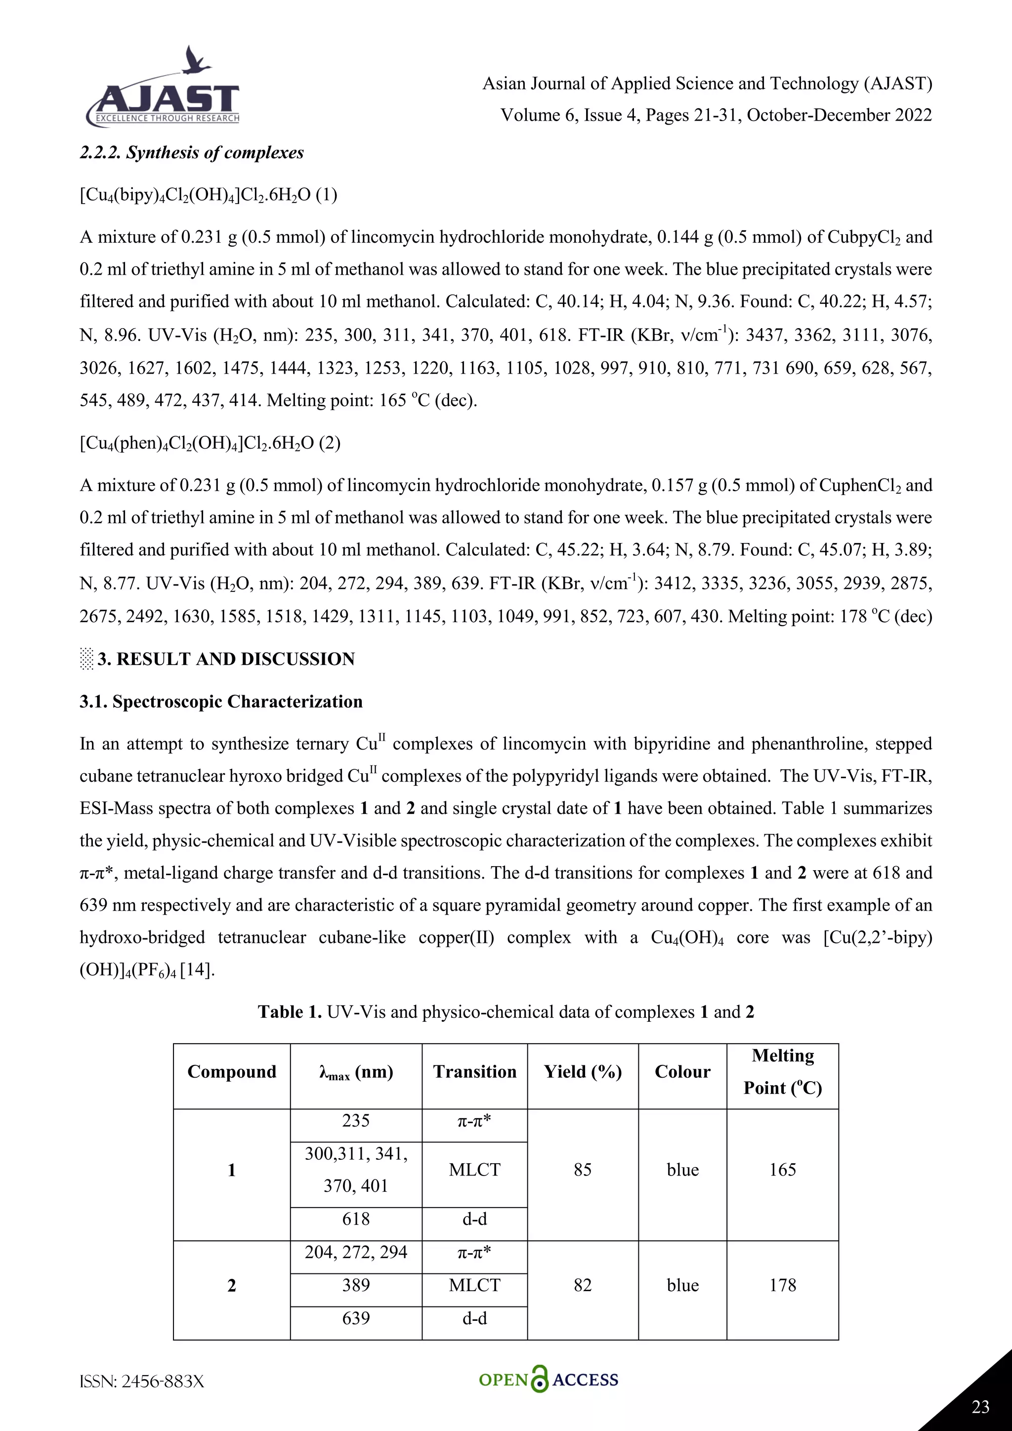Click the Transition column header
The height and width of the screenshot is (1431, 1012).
pyautogui.click(x=475, y=1071)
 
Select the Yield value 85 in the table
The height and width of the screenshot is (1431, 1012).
pyautogui.click(x=582, y=1170)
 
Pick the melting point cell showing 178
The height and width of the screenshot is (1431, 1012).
pyautogui.click(x=782, y=1285)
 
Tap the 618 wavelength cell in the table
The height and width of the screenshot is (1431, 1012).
pyautogui.click(x=356, y=1219)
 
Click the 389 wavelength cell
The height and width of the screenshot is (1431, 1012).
pyautogui.click(x=356, y=1285)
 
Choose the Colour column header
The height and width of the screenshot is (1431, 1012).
pyautogui.click(x=682, y=1071)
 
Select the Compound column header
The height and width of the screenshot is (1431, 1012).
pyautogui.click(x=232, y=1071)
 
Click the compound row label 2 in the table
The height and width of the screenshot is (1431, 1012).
pyautogui.click(x=232, y=1285)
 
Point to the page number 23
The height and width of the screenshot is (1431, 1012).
pyautogui.click(x=980, y=1407)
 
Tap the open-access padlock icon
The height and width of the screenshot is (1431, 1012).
pyautogui.click(x=540, y=1379)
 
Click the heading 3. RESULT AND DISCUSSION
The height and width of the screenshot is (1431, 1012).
pyautogui.click(x=226, y=659)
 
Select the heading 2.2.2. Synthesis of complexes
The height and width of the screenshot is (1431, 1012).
pyautogui.click(x=192, y=153)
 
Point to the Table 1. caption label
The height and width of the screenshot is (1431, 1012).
pyautogui.click(x=290, y=1011)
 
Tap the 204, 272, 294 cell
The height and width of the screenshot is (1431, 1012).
pyautogui.click(x=356, y=1252)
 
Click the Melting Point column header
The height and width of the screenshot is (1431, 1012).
pyautogui.click(x=782, y=1071)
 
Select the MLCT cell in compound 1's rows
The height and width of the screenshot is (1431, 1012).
pyautogui.click(x=475, y=1170)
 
